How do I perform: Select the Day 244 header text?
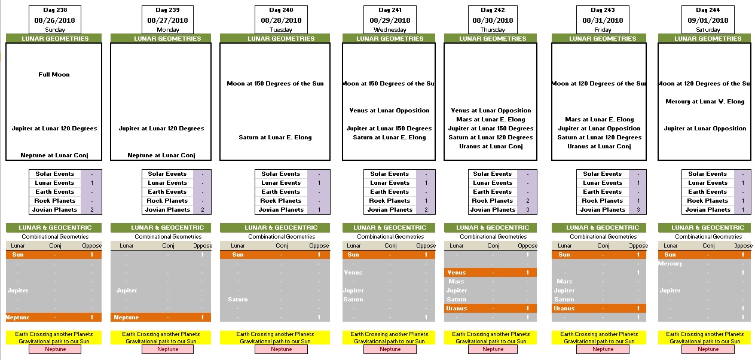point(708,10)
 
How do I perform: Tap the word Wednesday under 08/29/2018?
point(390,29)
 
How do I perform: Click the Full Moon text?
point(54,75)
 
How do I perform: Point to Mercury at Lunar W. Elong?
point(705,102)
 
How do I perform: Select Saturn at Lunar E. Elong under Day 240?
point(275,138)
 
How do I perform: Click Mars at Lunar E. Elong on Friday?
point(599,120)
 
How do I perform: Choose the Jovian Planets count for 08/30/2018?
point(528,210)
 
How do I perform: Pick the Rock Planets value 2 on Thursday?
point(528,201)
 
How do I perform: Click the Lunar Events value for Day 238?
point(91,183)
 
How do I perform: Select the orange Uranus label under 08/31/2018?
point(564,309)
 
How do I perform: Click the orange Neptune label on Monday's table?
point(126,318)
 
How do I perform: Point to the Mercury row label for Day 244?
point(670,264)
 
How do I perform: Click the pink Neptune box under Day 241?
point(390,349)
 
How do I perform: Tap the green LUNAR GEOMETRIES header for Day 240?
point(275,39)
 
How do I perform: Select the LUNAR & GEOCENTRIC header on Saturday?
point(704,228)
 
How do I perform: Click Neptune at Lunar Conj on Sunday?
point(54,155)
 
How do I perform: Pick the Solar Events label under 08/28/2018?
point(281,174)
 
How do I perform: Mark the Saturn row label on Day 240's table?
point(237,300)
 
